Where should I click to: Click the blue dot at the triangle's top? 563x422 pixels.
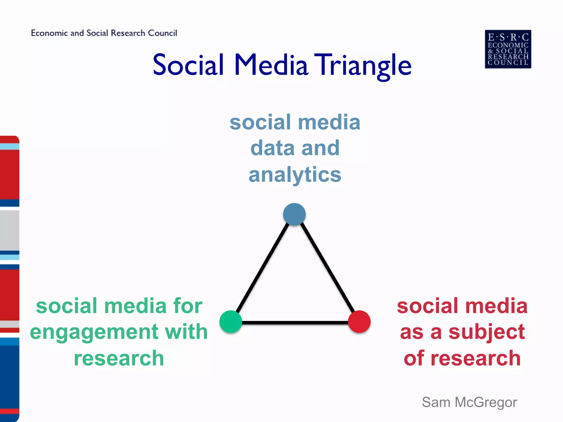pos(294,214)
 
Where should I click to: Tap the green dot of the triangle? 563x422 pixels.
pos(231,321)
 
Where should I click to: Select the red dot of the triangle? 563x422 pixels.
pos(359,321)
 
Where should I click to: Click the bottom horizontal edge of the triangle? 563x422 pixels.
pos(295,323)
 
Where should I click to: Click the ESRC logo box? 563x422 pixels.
pos(508,49)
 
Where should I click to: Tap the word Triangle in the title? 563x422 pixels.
pos(363,65)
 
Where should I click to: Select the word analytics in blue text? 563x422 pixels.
pos(295,175)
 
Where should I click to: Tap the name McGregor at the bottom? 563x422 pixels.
pos(486,402)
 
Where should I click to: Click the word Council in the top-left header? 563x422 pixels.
pos(162,33)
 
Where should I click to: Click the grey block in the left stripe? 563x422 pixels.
pos(10,230)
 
